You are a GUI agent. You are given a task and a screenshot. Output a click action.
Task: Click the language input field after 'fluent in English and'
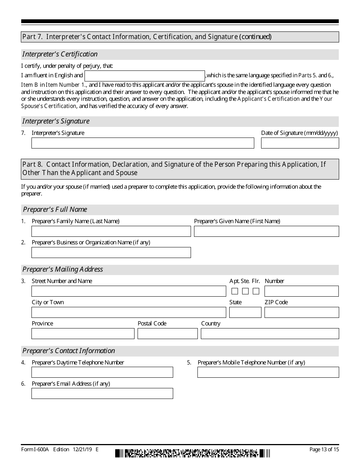pyautogui.click(x=144, y=76)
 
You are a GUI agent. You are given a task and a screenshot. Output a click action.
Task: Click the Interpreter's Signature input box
pyautogui.click(x=142, y=143)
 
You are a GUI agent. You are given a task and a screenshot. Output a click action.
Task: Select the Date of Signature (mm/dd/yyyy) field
pyautogui.click(x=300, y=143)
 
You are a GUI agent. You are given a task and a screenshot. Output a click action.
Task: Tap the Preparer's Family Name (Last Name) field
pyautogui.click(x=111, y=231)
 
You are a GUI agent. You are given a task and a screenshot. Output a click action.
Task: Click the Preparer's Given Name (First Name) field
pyautogui.click(x=266, y=231)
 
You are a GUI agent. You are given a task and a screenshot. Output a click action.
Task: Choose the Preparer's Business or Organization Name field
pyautogui.click(x=111, y=253)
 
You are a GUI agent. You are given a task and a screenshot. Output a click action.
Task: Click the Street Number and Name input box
pyautogui.click(x=128, y=291)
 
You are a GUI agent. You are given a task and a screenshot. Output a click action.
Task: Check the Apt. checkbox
pyautogui.click(x=235, y=291)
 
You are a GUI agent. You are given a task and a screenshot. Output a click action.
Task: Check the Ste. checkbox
pyautogui.click(x=245, y=291)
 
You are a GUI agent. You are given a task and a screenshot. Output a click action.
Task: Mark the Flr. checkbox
pyautogui.click(x=256, y=291)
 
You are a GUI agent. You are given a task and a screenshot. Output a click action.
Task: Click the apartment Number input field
pyautogui.click(x=301, y=291)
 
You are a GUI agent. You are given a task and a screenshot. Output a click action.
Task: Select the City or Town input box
pyautogui.click(x=128, y=313)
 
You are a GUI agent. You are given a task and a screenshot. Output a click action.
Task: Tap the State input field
pyautogui.click(x=245, y=313)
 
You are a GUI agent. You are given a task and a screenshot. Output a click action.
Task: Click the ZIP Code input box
pyautogui.click(x=301, y=313)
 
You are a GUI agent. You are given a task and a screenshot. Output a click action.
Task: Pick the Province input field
pyautogui.click(x=83, y=334)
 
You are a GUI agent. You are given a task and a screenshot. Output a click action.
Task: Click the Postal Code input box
pyautogui.click(x=167, y=334)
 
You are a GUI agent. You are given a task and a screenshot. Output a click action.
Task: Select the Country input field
pyautogui.click(x=270, y=334)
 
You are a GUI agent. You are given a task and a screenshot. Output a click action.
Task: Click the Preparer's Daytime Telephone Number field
pyautogui.click(x=102, y=372)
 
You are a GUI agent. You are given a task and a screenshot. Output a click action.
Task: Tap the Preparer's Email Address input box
pyautogui.click(x=102, y=394)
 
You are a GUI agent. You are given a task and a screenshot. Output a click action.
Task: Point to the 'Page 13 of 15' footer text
pyautogui.click(x=324, y=449)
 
